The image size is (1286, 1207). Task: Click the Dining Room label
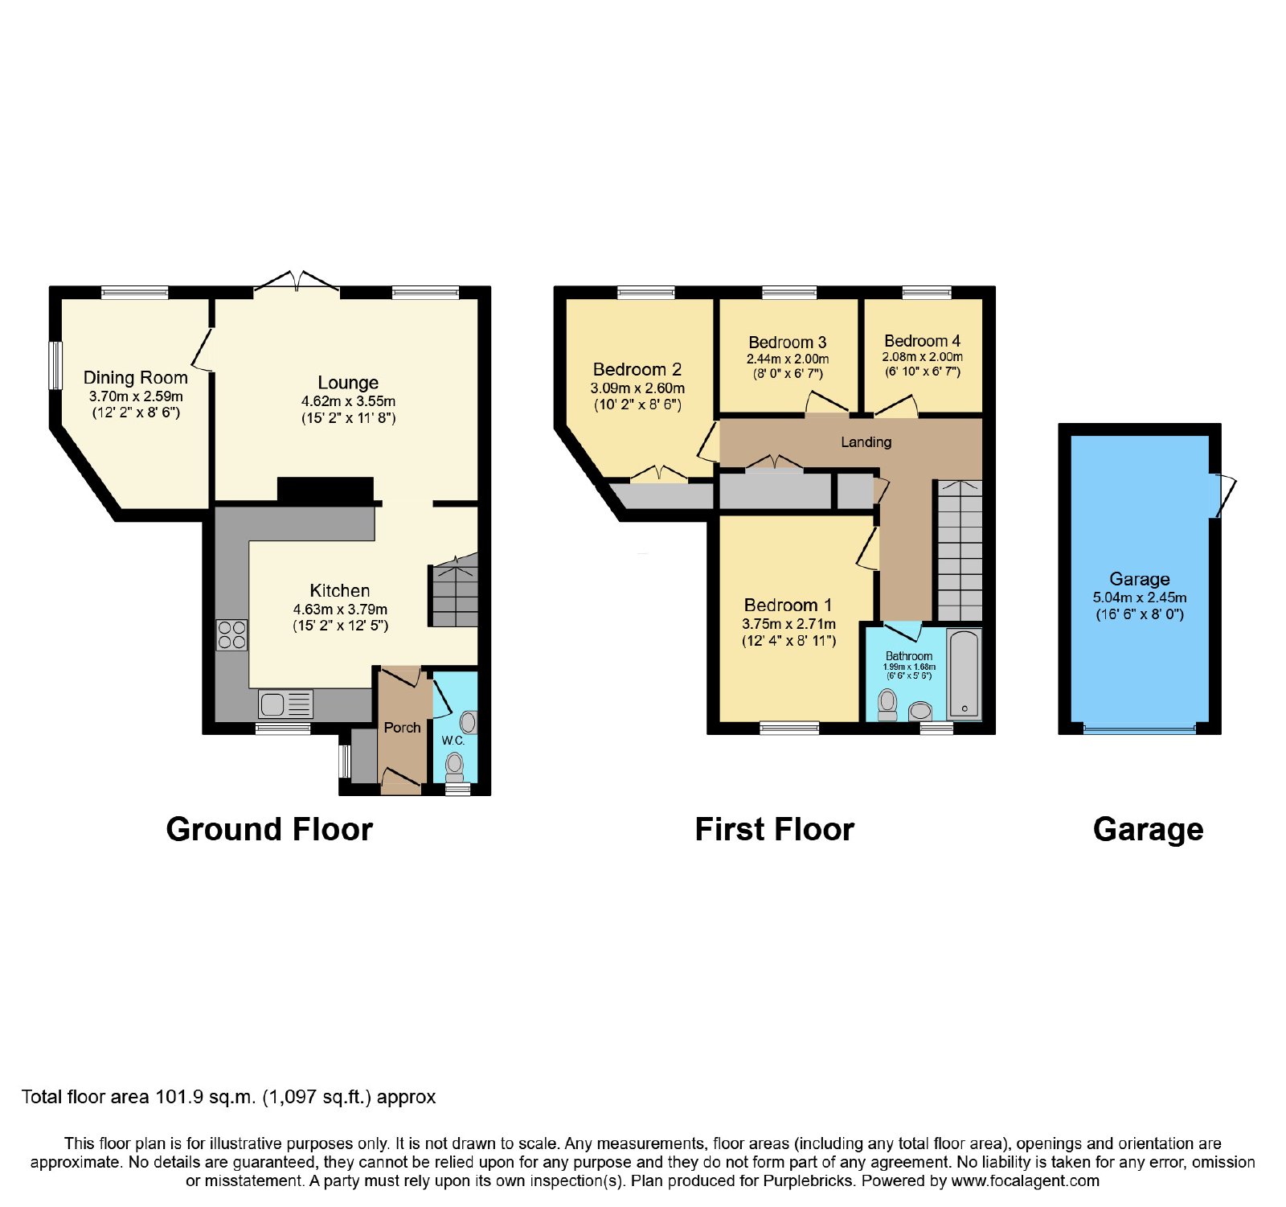[x=136, y=377]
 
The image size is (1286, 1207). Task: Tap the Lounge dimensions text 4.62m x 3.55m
[x=348, y=400]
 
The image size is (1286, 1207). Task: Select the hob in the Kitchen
[x=231, y=634]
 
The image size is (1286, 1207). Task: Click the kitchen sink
[x=286, y=704]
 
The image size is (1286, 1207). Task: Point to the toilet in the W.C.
[x=455, y=766]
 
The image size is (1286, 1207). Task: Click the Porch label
[x=402, y=727]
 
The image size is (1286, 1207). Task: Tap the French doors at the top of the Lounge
[x=297, y=280]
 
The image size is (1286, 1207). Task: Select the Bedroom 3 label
[x=788, y=343]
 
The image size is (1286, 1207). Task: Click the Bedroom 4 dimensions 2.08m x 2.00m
[x=923, y=356]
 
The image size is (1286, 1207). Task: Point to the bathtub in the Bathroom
[x=964, y=674]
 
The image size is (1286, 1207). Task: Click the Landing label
[x=866, y=441]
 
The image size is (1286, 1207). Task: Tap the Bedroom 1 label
[x=788, y=605]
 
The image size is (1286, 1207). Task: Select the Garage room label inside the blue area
[x=1140, y=579]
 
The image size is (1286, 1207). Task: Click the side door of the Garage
[x=1223, y=495]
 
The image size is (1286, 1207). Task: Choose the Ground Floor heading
[x=269, y=829]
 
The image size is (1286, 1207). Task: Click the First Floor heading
[x=775, y=829]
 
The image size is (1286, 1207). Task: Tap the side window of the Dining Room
[x=55, y=366]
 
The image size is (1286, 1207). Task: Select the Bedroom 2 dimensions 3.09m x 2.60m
[x=637, y=388]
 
